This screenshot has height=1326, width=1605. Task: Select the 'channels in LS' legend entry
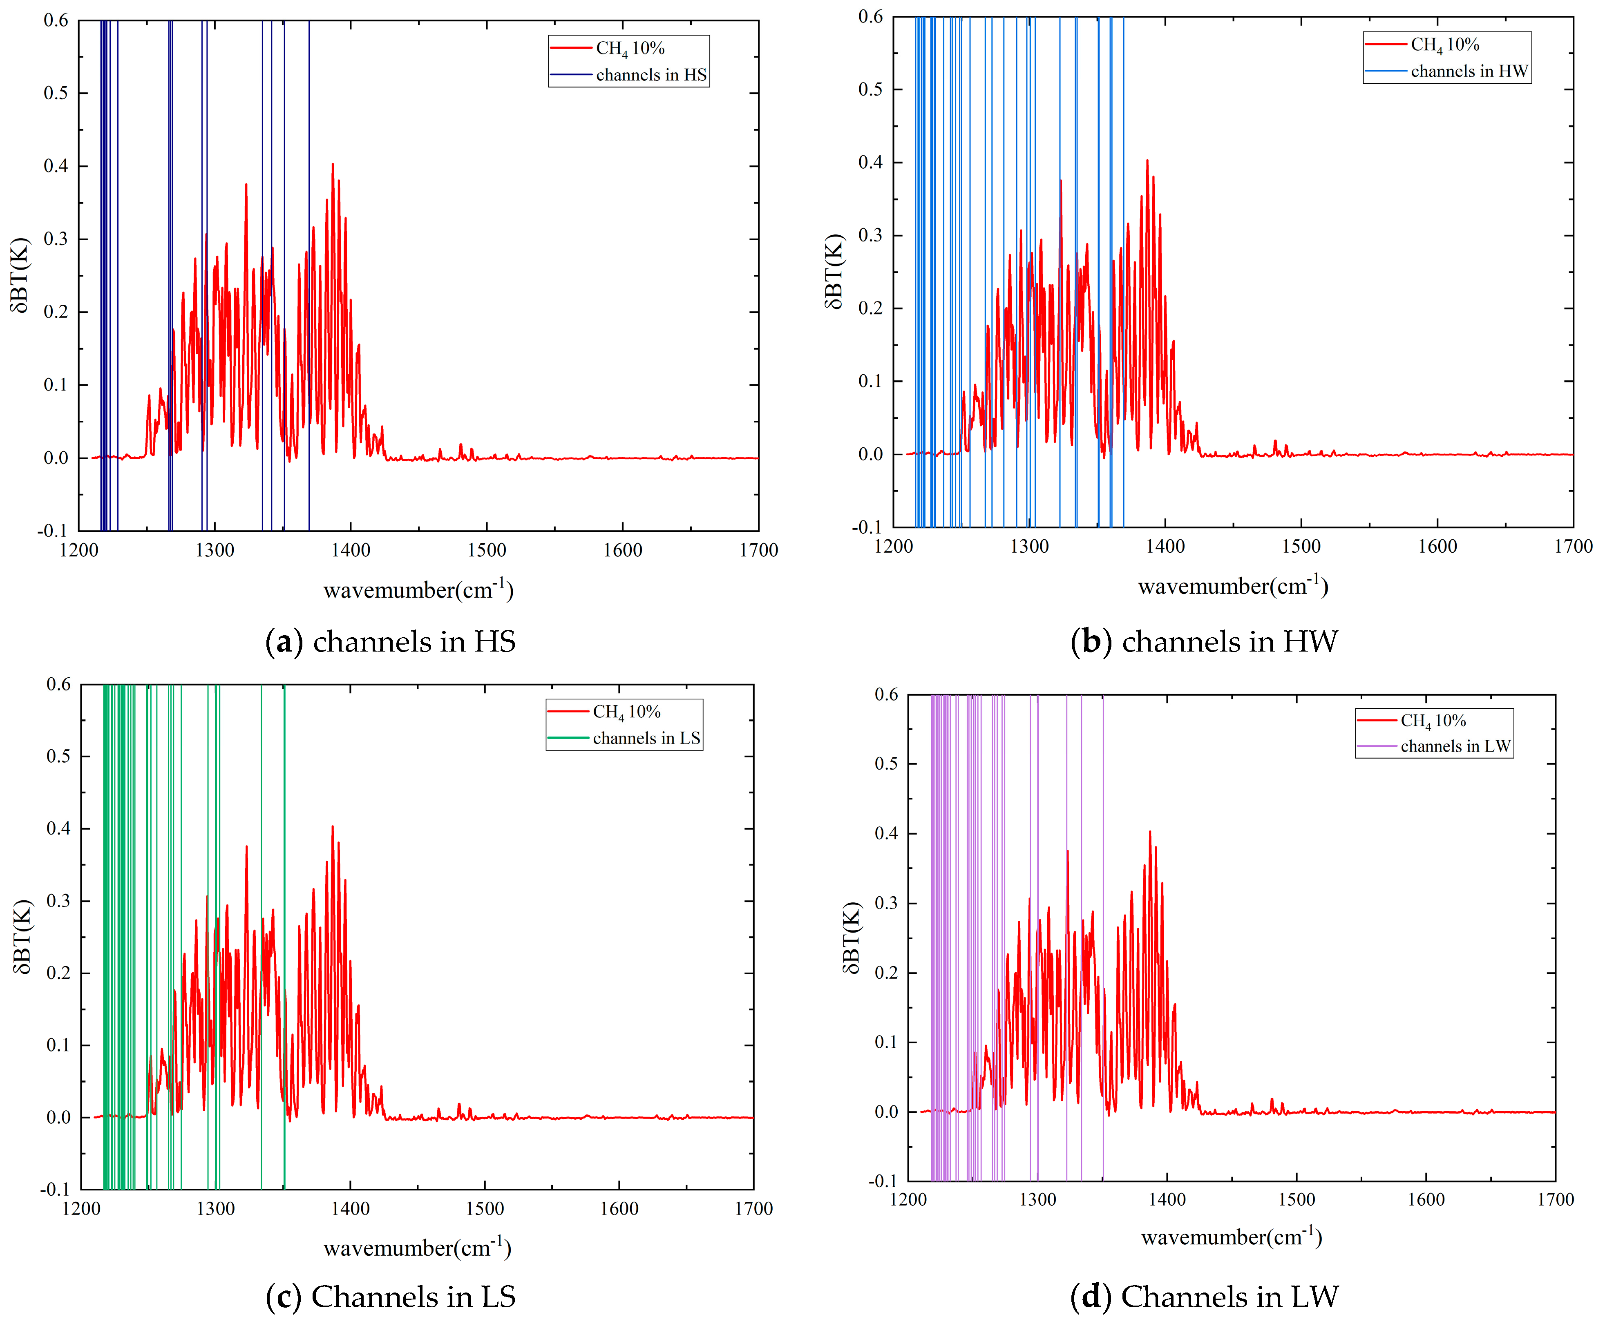point(646,738)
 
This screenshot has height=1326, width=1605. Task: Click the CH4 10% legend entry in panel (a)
point(630,48)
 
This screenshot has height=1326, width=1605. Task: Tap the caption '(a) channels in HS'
point(390,642)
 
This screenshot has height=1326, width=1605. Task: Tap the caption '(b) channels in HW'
point(1204,642)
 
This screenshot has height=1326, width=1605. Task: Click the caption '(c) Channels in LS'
point(390,1296)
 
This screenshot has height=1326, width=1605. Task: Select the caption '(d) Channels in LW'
point(1204,1296)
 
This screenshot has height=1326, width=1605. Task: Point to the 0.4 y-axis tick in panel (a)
point(56,166)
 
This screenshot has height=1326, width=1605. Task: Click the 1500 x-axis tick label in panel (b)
point(1301,546)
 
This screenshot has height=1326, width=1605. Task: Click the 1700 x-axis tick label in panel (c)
point(753,1208)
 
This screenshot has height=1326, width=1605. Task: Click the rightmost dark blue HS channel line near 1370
point(308,306)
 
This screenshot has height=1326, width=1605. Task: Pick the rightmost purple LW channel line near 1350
point(1102,917)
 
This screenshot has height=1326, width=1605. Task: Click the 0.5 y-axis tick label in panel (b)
point(870,89)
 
